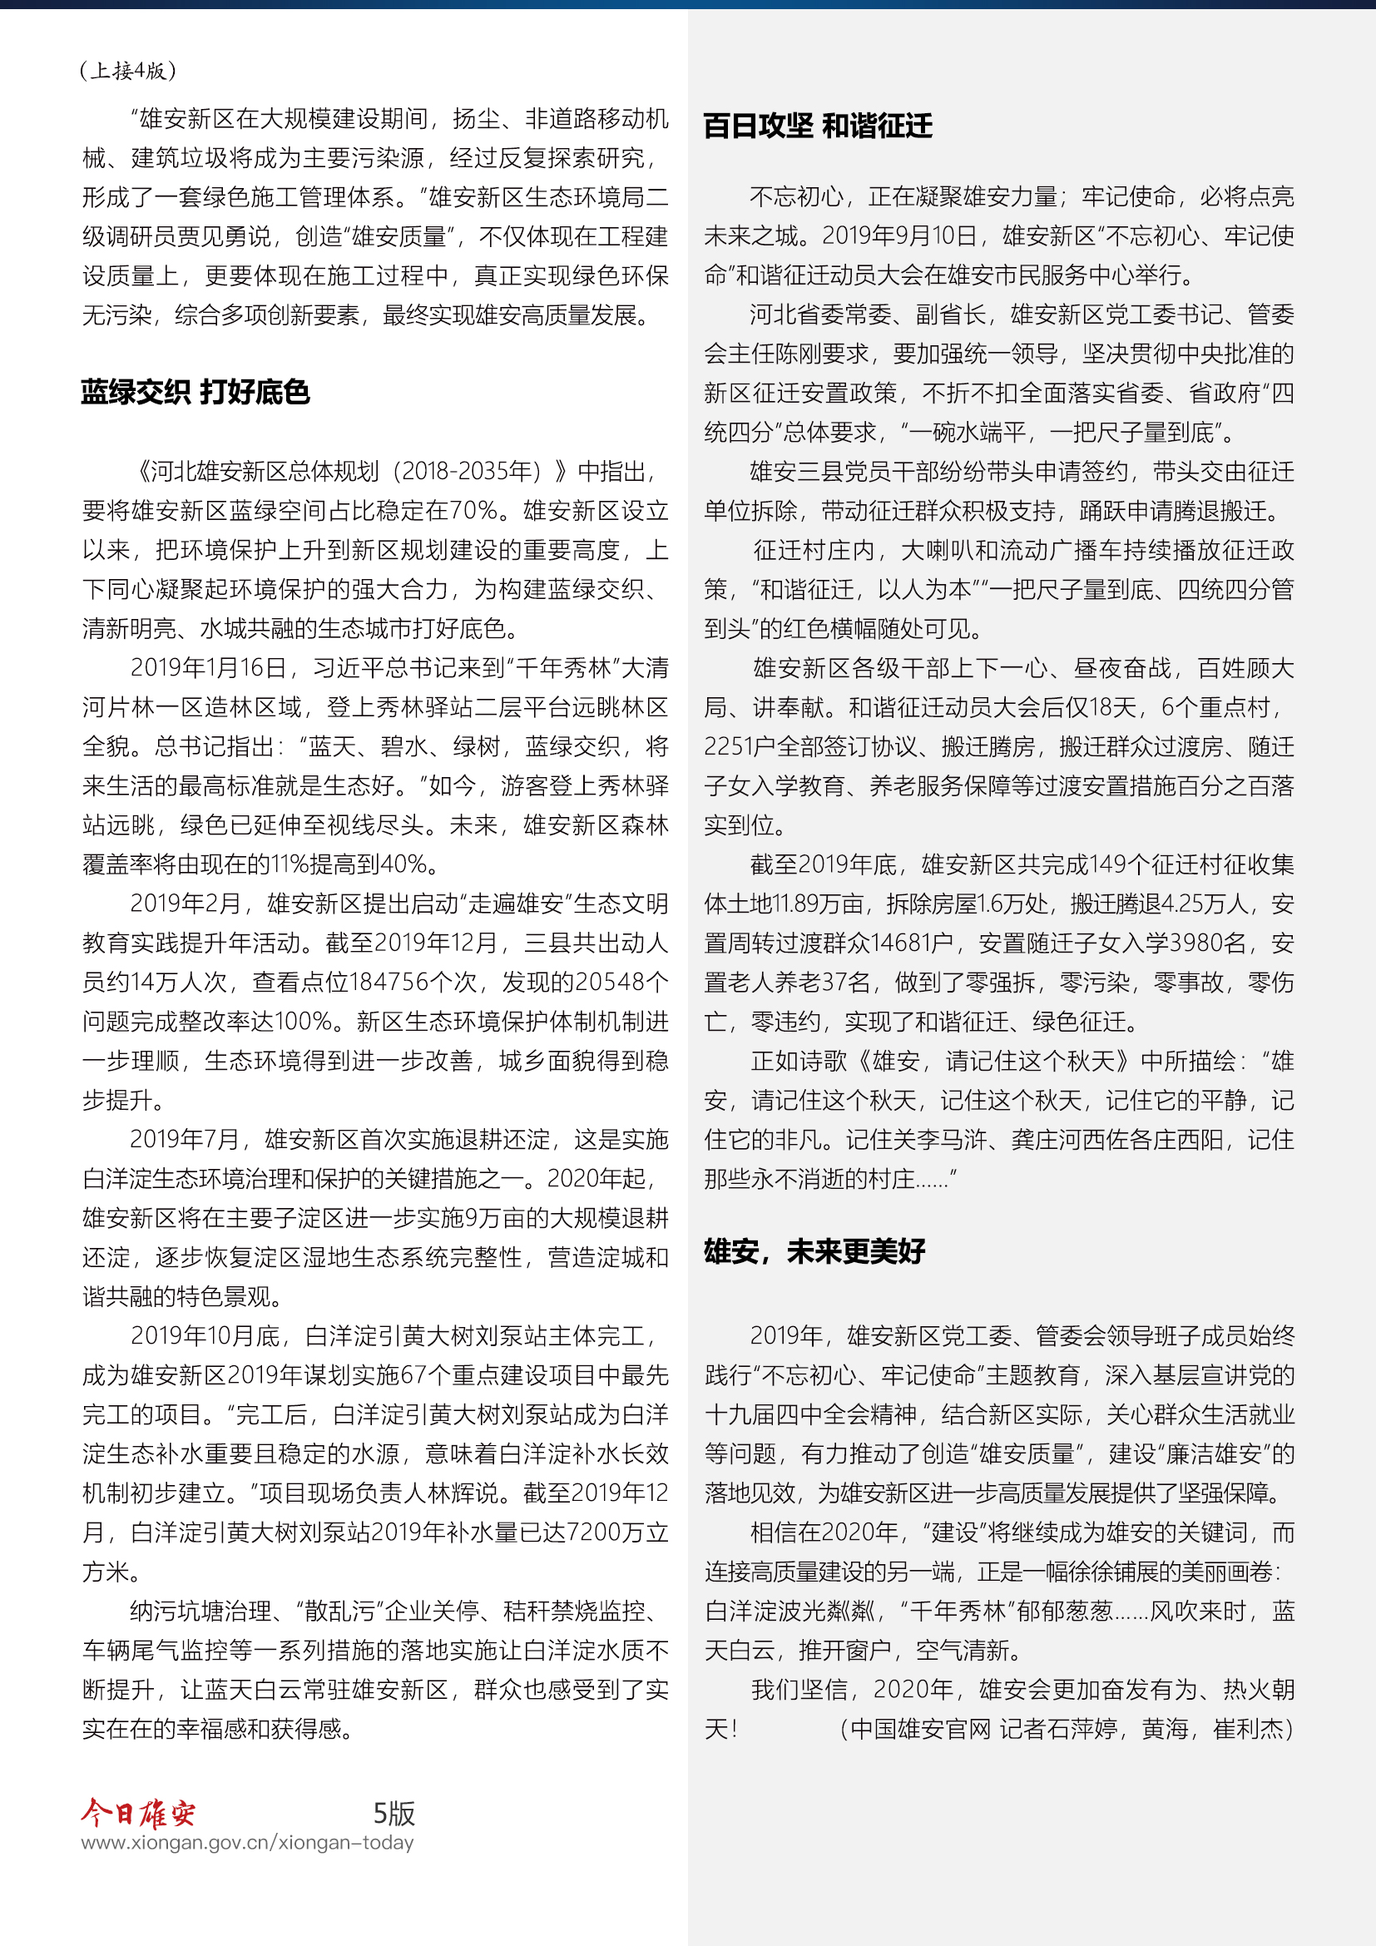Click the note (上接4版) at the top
[x=128, y=71]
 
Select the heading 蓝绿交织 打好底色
[x=195, y=393]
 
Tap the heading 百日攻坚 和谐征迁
[x=818, y=126]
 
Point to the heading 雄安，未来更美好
[x=814, y=1251]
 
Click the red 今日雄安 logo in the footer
[x=138, y=1813]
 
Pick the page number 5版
[x=394, y=1813]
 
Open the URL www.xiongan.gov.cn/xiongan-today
[x=247, y=1843]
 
